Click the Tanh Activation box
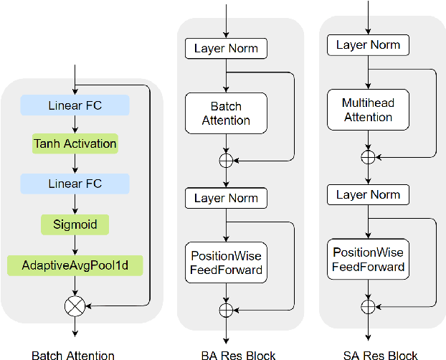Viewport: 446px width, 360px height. tap(75, 143)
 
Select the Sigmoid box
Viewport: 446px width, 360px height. tap(75, 224)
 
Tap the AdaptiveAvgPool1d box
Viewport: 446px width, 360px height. tap(75, 266)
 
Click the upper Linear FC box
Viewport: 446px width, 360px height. tap(75, 105)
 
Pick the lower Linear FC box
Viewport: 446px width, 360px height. tap(75, 183)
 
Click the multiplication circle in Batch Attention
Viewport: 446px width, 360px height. tap(75, 306)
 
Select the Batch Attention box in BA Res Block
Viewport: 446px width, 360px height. tap(226, 113)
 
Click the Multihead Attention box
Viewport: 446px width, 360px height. tap(368, 110)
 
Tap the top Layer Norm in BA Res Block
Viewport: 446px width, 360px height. tap(226, 49)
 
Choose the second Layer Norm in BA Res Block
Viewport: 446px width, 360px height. tap(226, 198)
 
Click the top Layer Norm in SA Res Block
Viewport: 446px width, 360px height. tap(368, 45)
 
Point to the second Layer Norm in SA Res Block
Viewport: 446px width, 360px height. tap(368, 194)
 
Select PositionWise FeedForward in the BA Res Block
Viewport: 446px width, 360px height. tap(226, 262)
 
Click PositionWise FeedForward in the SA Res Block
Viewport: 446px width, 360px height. tap(368, 260)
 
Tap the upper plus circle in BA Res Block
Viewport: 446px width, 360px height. tap(226, 160)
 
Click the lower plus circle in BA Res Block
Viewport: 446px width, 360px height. tap(226, 309)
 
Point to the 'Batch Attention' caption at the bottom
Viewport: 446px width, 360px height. tap(73, 354)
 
